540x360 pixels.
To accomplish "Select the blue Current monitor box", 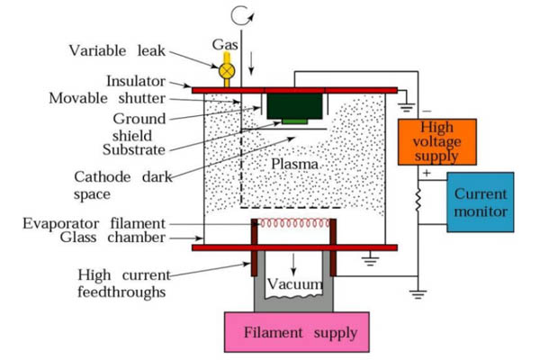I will (x=481, y=202).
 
